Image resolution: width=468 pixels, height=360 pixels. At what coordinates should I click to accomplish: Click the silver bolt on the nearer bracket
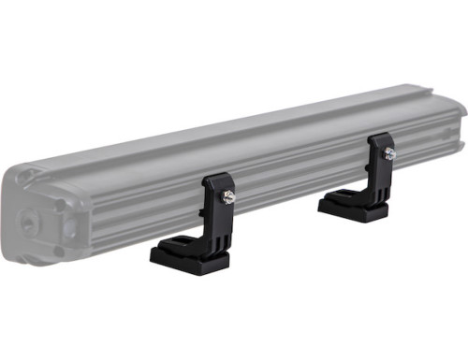[x=227, y=196]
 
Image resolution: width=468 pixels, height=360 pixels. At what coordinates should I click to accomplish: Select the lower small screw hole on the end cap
[x=58, y=250]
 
